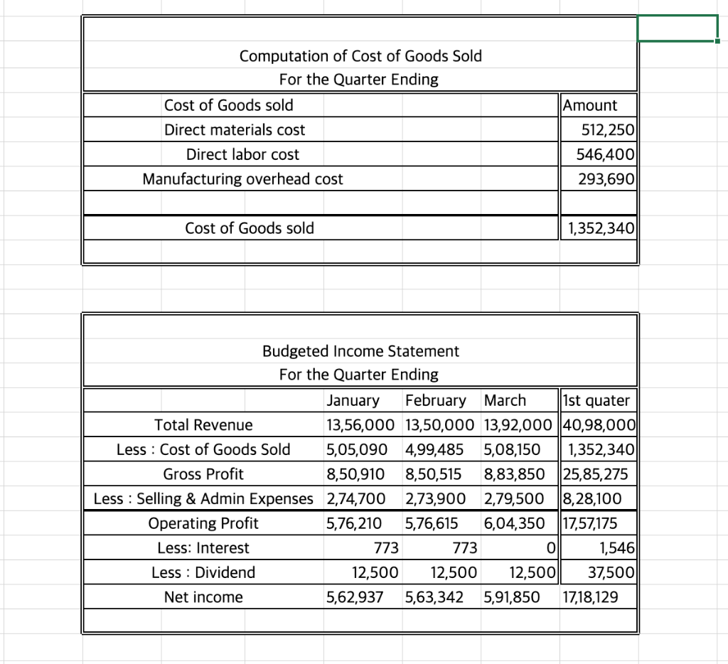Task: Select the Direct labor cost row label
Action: [x=242, y=154]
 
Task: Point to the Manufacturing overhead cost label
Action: [x=242, y=179]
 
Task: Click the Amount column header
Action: [x=590, y=105]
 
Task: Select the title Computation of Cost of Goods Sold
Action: [x=360, y=56]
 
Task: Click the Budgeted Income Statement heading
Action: [x=360, y=351]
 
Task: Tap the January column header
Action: [x=353, y=400]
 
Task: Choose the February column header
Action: [x=435, y=400]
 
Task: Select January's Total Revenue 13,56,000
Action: [x=360, y=425]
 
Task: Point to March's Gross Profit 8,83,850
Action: [x=514, y=474]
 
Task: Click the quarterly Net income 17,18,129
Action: [x=589, y=597]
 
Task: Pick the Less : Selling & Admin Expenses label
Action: [x=203, y=499]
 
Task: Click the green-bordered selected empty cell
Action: [x=678, y=28]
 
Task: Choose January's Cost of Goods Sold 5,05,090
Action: [x=356, y=450]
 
